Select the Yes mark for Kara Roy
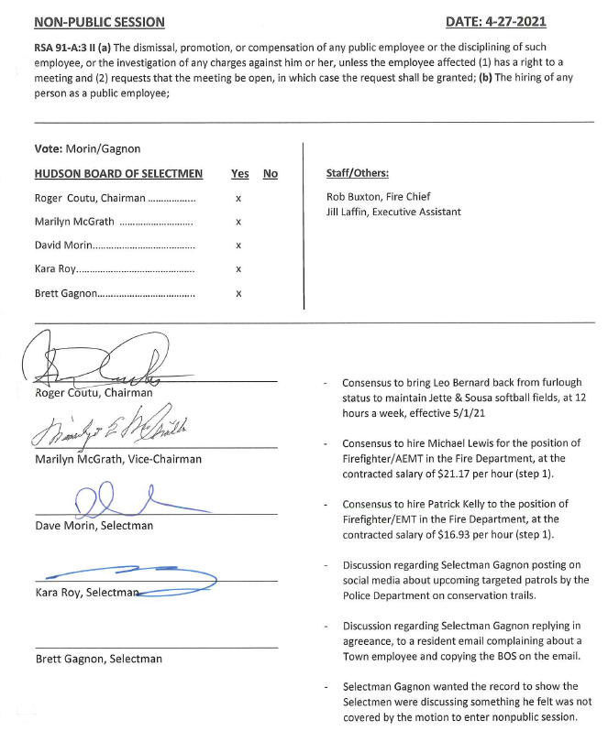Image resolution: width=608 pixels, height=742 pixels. [238, 269]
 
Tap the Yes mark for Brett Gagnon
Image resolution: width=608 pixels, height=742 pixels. [238, 293]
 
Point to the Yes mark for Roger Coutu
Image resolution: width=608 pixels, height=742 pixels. [238, 198]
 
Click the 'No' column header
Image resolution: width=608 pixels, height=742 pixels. [270, 173]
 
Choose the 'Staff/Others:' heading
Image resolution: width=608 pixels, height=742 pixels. [358, 173]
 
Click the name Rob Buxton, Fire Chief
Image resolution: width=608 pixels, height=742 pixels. [378, 196]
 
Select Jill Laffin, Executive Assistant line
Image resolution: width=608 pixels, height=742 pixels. [393, 212]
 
